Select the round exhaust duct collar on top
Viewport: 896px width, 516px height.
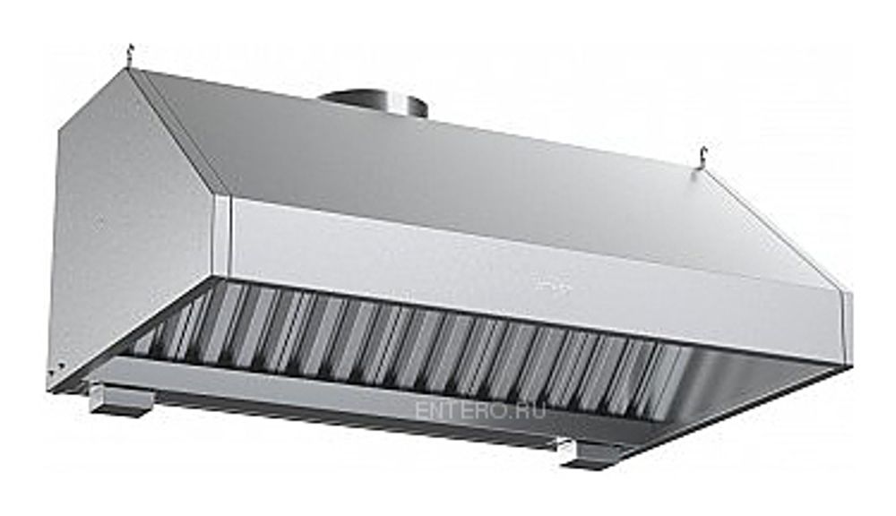[x=373, y=105]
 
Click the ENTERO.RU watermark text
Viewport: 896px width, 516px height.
[x=480, y=410]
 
